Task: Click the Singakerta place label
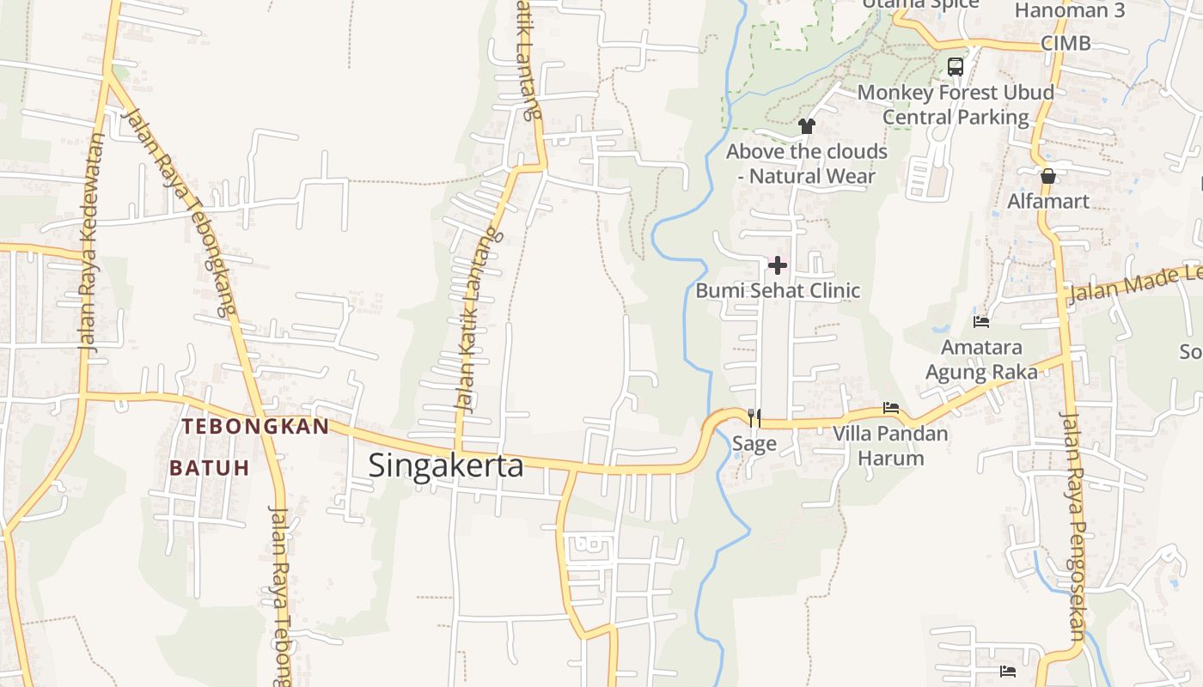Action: (446, 465)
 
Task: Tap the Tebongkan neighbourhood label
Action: (255, 427)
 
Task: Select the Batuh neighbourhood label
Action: (209, 468)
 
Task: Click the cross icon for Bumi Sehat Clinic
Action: (778, 264)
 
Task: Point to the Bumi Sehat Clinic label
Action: (778, 290)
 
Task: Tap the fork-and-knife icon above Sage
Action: (754, 417)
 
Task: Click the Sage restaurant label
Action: (754, 444)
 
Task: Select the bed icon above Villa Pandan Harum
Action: (891, 408)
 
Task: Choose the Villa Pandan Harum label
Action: (891, 445)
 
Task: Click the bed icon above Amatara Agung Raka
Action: (981, 322)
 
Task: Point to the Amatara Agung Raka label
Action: (981, 360)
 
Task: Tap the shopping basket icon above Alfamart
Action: (1048, 177)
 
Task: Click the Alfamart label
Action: (1048, 202)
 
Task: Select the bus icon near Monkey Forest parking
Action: (956, 66)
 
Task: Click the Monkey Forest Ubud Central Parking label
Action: (956, 104)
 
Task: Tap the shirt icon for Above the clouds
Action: (806, 126)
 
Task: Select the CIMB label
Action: (1066, 43)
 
